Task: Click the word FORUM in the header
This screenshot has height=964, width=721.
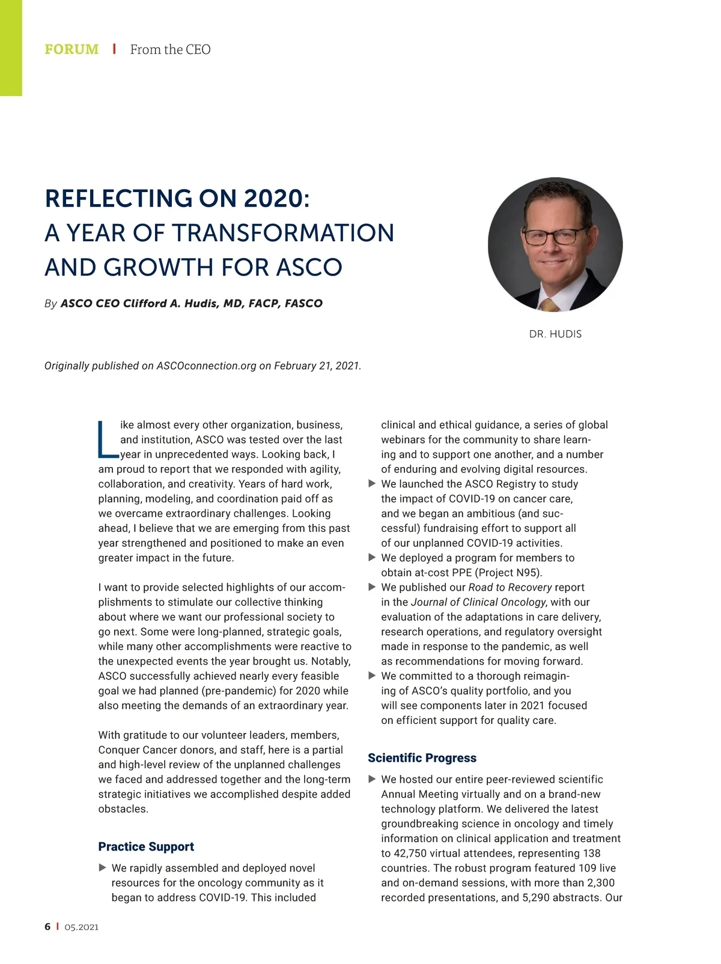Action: pos(71,49)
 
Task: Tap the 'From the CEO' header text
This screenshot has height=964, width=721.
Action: pos(170,49)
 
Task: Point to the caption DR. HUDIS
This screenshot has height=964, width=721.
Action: pos(555,334)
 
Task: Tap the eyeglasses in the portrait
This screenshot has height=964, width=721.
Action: pos(553,236)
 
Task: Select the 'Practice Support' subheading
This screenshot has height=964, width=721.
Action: pos(146,846)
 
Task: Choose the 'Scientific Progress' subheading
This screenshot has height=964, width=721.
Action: pos(422,758)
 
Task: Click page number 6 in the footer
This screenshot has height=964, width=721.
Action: pos(47,927)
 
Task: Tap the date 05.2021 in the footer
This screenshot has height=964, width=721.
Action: pos(81,927)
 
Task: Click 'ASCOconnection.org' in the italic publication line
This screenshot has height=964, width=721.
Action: pos(206,366)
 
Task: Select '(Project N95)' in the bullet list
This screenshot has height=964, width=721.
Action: pos(508,573)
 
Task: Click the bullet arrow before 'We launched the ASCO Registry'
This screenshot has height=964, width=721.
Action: pos(372,484)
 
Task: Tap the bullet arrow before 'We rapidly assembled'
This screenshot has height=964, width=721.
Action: pos(102,868)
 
